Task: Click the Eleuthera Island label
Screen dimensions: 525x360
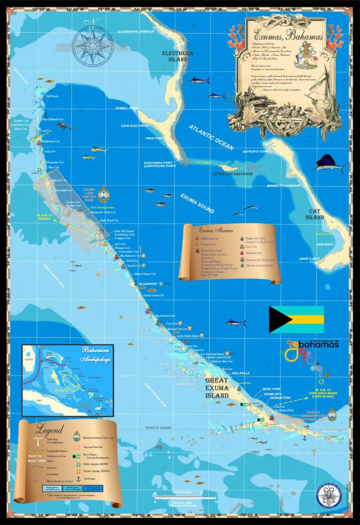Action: click(x=178, y=56)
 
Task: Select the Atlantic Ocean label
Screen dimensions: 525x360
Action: click(x=211, y=137)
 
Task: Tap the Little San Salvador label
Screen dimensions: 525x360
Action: click(x=232, y=174)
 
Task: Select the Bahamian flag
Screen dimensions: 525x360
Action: click(x=296, y=319)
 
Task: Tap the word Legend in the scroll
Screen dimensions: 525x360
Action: click(x=50, y=429)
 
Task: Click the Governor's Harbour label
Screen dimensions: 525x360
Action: click(x=135, y=31)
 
